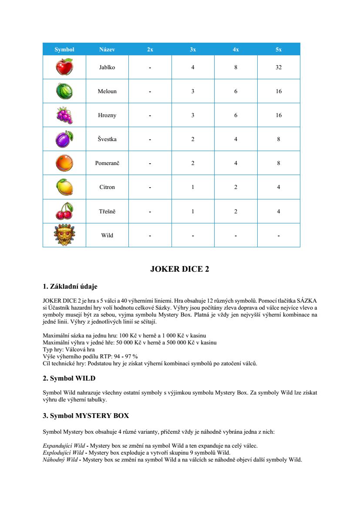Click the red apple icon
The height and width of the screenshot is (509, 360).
[x=64, y=67]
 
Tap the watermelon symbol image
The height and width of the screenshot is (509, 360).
[x=64, y=91]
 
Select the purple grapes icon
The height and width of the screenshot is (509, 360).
[x=64, y=115]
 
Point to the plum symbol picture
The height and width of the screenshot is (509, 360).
[x=64, y=139]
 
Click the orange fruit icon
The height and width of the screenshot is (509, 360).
[x=64, y=163]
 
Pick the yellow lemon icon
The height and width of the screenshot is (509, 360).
[x=64, y=187]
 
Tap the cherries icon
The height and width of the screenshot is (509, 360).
[x=64, y=211]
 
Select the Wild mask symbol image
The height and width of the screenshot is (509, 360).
[x=64, y=235]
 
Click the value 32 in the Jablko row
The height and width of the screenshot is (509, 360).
[x=279, y=67]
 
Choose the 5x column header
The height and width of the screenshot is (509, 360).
[x=279, y=50]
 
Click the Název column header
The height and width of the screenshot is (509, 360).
[x=107, y=50]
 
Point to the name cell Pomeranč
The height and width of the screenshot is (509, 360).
[x=107, y=163]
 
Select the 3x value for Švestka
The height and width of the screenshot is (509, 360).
[x=193, y=139]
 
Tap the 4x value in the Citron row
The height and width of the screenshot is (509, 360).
[x=236, y=187]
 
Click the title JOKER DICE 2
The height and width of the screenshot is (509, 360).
[x=179, y=269]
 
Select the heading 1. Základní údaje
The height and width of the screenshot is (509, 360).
[x=70, y=287]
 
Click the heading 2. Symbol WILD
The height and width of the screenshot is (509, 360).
[x=69, y=378]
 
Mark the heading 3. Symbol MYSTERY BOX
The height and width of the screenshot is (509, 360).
[x=86, y=416]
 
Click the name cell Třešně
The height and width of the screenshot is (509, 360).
[x=107, y=211]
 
